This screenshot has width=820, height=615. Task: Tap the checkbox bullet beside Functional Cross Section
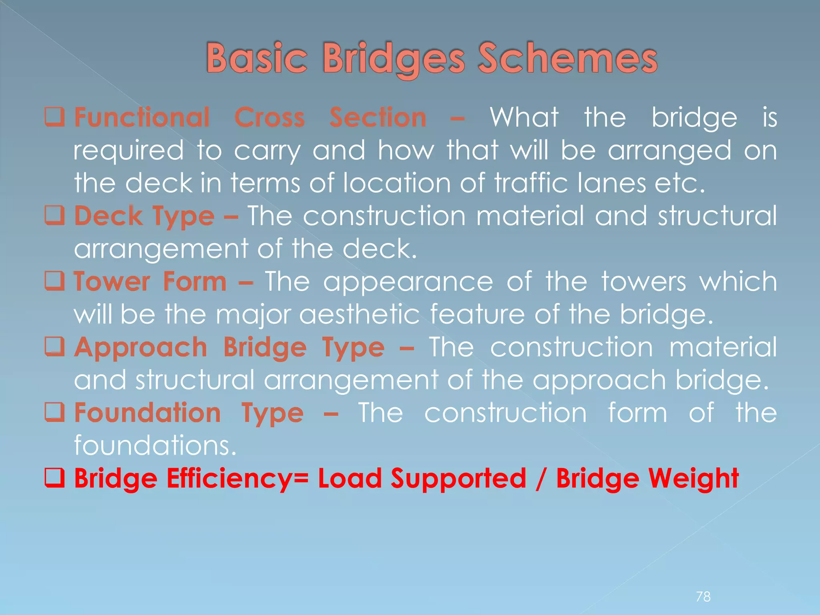pyautogui.click(x=54, y=117)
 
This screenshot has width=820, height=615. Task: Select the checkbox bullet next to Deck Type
pyautogui.click(x=54, y=216)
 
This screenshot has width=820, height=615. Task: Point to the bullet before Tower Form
pyautogui.click(x=54, y=281)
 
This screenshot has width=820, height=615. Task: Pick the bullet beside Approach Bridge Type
pyautogui.click(x=54, y=347)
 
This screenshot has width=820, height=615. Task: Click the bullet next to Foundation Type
pyautogui.click(x=54, y=412)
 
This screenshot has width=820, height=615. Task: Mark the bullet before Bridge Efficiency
pyautogui.click(x=54, y=478)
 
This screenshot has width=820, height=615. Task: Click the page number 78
pyautogui.click(x=703, y=597)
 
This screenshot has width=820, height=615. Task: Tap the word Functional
pyautogui.click(x=142, y=117)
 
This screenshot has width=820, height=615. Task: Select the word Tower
pyautogui.click(x=112, y=281)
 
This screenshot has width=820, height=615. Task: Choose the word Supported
pyautogui.click(x=458, y=479)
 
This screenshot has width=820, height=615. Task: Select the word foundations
pyautogui.click(x=155, y=445)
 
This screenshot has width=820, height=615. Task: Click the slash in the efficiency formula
pyautogui.click(x=541, y=479)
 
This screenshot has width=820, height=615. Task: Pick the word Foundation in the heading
pyautogui.click(x=147, y=412)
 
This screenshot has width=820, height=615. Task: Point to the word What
pyautogui.click(x=524, y=117)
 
